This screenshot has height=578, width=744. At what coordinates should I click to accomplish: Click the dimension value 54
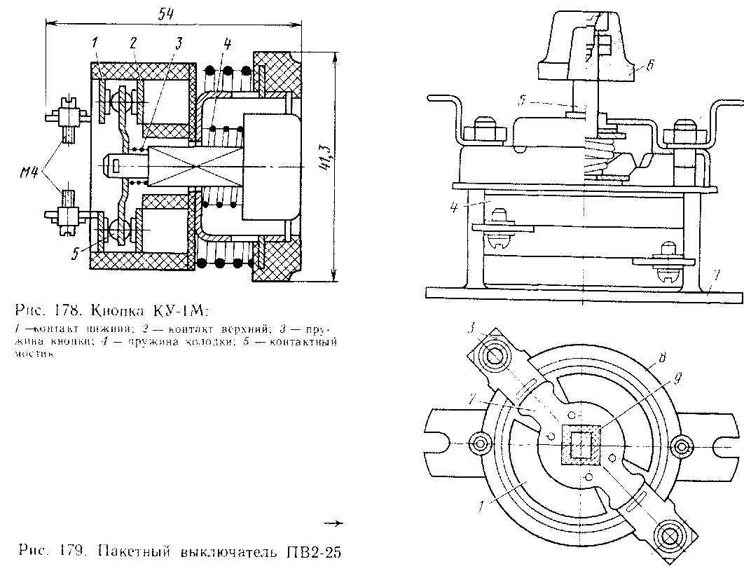tap(165, 13)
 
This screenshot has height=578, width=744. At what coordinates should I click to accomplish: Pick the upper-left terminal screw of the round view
tap(495, 353)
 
